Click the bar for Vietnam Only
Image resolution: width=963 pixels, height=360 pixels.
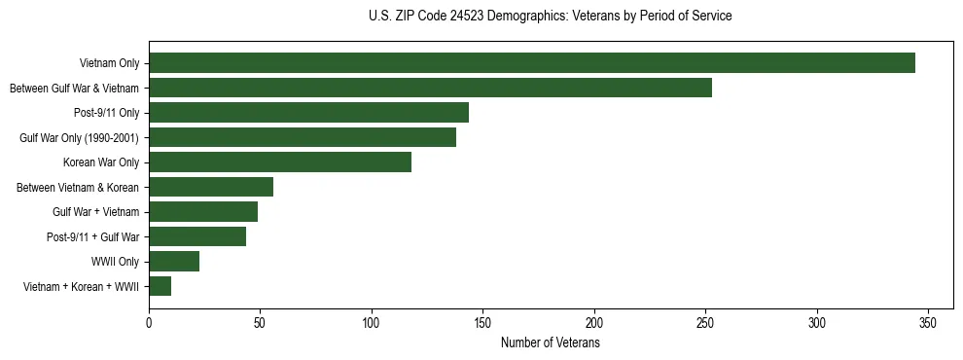[x=532, y=63]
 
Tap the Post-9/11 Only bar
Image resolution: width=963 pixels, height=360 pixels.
[x=308, y=113]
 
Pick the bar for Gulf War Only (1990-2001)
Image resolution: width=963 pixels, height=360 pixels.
[x=303, y=137]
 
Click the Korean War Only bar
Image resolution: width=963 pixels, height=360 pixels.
[x=280, y=162]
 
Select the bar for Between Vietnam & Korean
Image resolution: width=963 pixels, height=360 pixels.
[x=211, y=187]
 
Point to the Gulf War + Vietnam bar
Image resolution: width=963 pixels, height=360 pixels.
[x=203, y=212]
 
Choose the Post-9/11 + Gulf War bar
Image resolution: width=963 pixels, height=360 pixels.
[x=197, y=236]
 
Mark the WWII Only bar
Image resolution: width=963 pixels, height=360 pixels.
[x=174, y=262]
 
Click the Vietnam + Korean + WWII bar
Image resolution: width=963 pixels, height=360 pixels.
[x=160, y=286]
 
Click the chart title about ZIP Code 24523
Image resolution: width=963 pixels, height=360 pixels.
[x=551, y=17]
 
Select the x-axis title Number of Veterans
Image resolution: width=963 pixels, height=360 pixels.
[x=551, y=343]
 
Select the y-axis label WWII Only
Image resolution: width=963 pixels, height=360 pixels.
[x=116, y=262]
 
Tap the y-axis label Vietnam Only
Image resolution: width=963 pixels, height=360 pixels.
[x=109, y=63]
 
